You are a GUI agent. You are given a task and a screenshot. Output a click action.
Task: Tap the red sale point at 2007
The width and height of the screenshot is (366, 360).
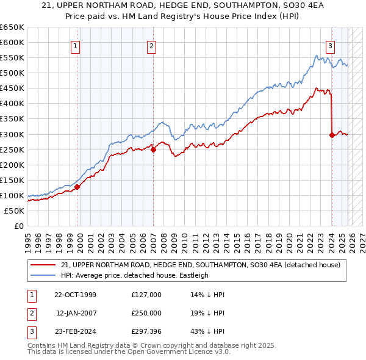[x=153, y=149]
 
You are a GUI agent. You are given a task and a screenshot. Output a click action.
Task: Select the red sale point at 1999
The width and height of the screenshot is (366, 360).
[x=77, y=187]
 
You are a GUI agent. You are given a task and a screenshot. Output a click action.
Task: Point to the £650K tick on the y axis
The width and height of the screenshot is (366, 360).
[x=12, y=27]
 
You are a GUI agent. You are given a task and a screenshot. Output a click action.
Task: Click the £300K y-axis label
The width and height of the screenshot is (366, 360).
[x=12, y=134]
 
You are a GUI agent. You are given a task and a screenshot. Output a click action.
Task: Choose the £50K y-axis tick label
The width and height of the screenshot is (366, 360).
[x=14, y=211]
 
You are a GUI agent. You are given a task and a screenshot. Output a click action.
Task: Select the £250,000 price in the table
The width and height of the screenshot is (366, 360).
[x=146, y=313]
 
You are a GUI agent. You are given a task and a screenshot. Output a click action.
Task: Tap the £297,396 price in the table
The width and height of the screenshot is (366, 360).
[x=146, y=331]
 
